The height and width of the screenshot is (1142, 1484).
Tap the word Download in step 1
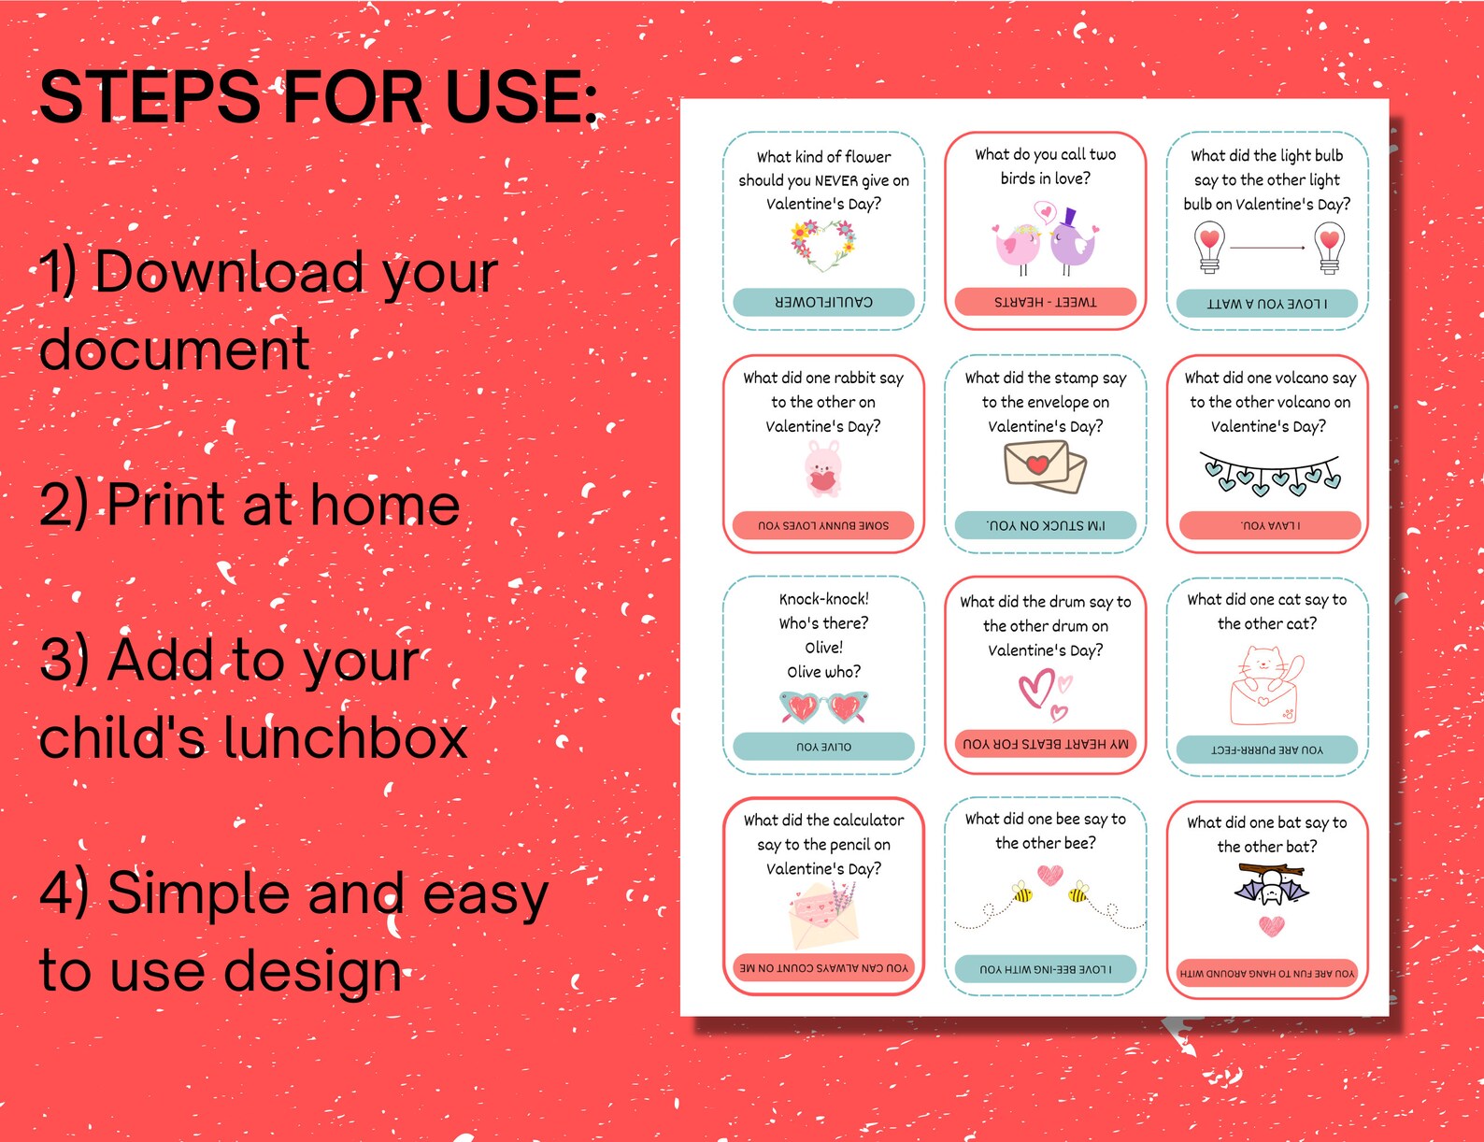(x=229, y=272)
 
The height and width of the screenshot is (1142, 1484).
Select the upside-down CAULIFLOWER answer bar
(x=823, y=302)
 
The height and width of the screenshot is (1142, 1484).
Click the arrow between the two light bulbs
(x=1267, y=248)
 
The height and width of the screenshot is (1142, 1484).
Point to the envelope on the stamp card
(x=1044, y=465)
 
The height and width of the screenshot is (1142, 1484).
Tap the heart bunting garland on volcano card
(x=1269, y=474)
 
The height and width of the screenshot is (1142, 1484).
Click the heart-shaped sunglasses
(x=823, y=707)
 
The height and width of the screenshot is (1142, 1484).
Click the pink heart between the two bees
(x=1050, y=875)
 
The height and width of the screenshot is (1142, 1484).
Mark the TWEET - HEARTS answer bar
(x=1045, y=302)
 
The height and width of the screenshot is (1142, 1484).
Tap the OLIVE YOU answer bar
(x=823, y=747)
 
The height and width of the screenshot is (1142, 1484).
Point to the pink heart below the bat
(x=1271, y=926)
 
